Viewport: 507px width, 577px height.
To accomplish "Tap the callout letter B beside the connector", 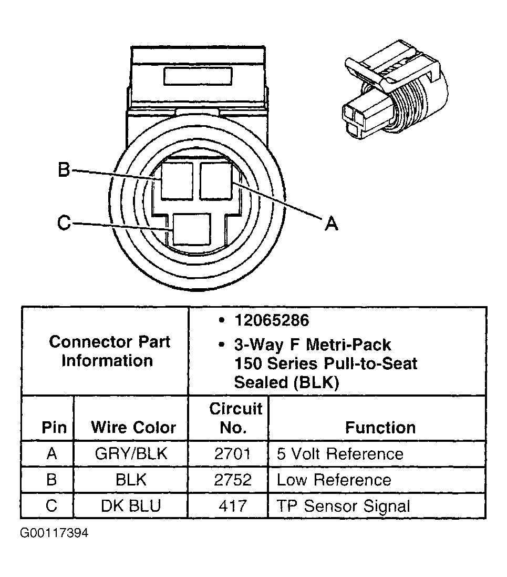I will pyautogui.click(x=64, y=170).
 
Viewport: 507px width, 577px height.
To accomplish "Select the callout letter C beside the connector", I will pyautogui.click(x=64, y=223).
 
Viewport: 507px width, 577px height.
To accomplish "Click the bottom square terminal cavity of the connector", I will pyautogui.click(x=191, y=229).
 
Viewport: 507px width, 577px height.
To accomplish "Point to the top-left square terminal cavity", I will pyautogui.click(x=177, y=180).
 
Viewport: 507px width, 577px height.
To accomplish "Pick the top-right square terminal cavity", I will pyautogui.click(x=216, y=180).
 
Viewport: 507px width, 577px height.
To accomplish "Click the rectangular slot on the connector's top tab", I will pyautogui.click(x=198, y=75).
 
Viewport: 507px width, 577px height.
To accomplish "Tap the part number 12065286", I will pyautogui.click(x=272, y=320).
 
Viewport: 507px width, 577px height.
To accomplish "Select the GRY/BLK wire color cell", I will pyautogui.click(x=131, y=453).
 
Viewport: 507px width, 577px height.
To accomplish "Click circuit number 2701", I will pyautogui.click(x=233, y=453).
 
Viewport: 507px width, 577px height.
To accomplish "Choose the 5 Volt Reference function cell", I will pyautogui.click(x=340, y=453).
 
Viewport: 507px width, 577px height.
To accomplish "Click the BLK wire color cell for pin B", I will pyautogui.click(x=131, y=480).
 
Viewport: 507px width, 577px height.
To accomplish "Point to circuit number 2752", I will pyautogui.click(x=233, y=480).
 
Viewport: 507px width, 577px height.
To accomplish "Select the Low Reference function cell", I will pyautogui.click(x=334, y=480).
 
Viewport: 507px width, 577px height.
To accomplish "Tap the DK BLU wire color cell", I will pyautogui.click(x=131, y=506).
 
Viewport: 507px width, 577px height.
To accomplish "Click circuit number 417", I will pyautogui.click(x=233, y=506).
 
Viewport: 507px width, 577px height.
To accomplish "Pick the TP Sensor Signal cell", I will pyautogui.click(x=343, y=506).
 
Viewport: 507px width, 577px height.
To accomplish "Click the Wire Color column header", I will pyautogui.click(x=133, y=427).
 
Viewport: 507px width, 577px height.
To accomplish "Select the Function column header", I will pyautogui.click(x=380, y=427).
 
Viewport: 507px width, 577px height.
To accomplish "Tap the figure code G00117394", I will pyautogui.click(x=55, y=533).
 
